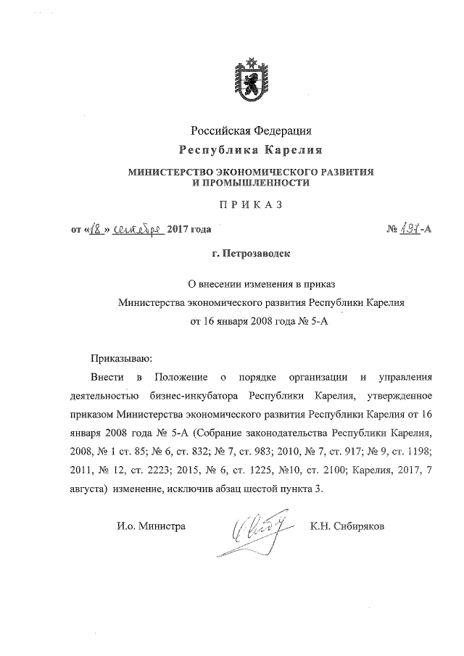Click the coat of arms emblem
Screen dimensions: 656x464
252,78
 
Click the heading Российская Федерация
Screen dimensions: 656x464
251,130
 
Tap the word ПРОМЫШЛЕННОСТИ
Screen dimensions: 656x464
250,183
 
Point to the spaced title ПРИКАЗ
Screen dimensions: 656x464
251,206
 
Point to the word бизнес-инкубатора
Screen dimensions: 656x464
195,396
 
